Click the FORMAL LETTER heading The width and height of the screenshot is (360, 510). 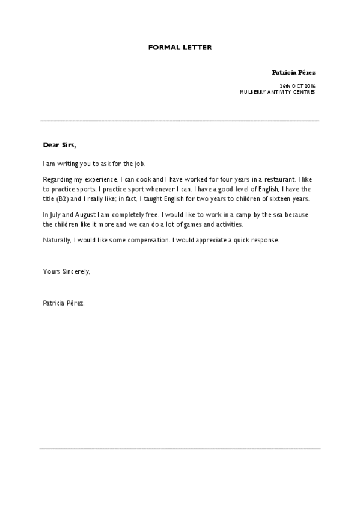point(180,46)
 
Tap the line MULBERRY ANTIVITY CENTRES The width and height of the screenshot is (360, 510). point(277,93)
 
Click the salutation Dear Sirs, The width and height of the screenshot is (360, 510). point(59,145)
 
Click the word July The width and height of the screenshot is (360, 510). point(56,215)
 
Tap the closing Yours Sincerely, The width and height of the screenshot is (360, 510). point(67,272)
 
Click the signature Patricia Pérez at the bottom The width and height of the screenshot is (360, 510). point(64,303)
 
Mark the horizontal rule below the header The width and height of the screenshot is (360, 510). point(180,121)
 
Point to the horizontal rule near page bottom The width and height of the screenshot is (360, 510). point(180,448)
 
